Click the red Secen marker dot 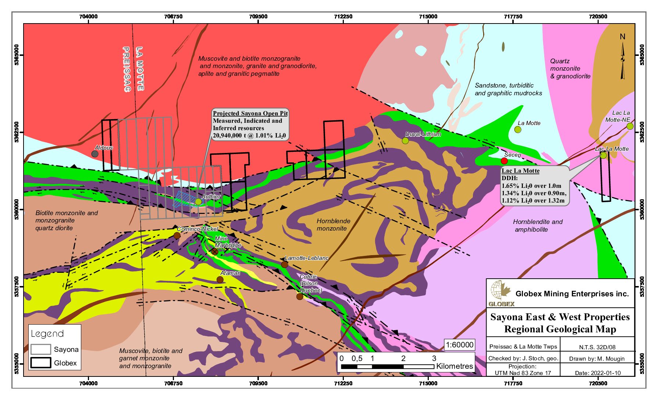(x=504, y=161)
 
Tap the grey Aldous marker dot (x=95, y=154)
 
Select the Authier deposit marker (x=198, y=201)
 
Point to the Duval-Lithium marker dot (x=405, y=140)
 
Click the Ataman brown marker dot (x=220, y=279)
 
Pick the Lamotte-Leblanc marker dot (x=285, y=264)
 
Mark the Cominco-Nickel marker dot (x=177, y=235)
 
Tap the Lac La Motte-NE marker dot (x=630, y=126)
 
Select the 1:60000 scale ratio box (x=459, y=345)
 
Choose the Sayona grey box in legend (x=40, y=349)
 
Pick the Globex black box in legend (x=40, y=362)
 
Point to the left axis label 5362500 (x=17, y=132)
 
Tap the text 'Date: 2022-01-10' (x=598, y=373)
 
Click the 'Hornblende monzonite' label (x=333, y=225)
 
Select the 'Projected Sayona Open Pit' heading (x=250, y=113)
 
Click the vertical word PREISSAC (x=126, y=69)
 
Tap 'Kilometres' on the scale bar (x=455, y=366)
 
